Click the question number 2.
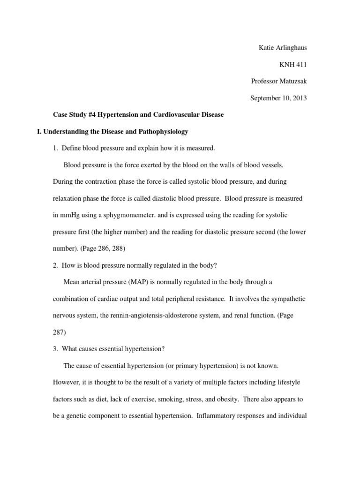click(54, 265)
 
